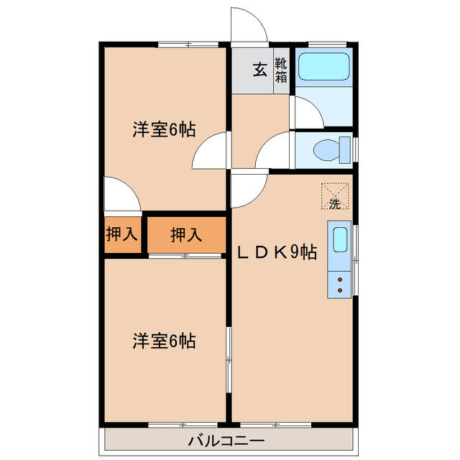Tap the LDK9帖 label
click(277, 252)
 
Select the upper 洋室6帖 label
click(164, 130)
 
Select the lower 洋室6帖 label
click(164, 340)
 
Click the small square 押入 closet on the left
click(122, 234)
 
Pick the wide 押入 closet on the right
click(185, 234)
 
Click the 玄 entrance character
click(259, 70)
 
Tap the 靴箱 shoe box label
click(281, 70)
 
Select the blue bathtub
click(323, 66)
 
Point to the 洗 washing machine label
click(334, 203)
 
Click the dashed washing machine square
click(335, 195)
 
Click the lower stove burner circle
click(340, 291)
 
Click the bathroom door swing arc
click(305, 111)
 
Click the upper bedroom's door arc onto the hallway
click(210, 152)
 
